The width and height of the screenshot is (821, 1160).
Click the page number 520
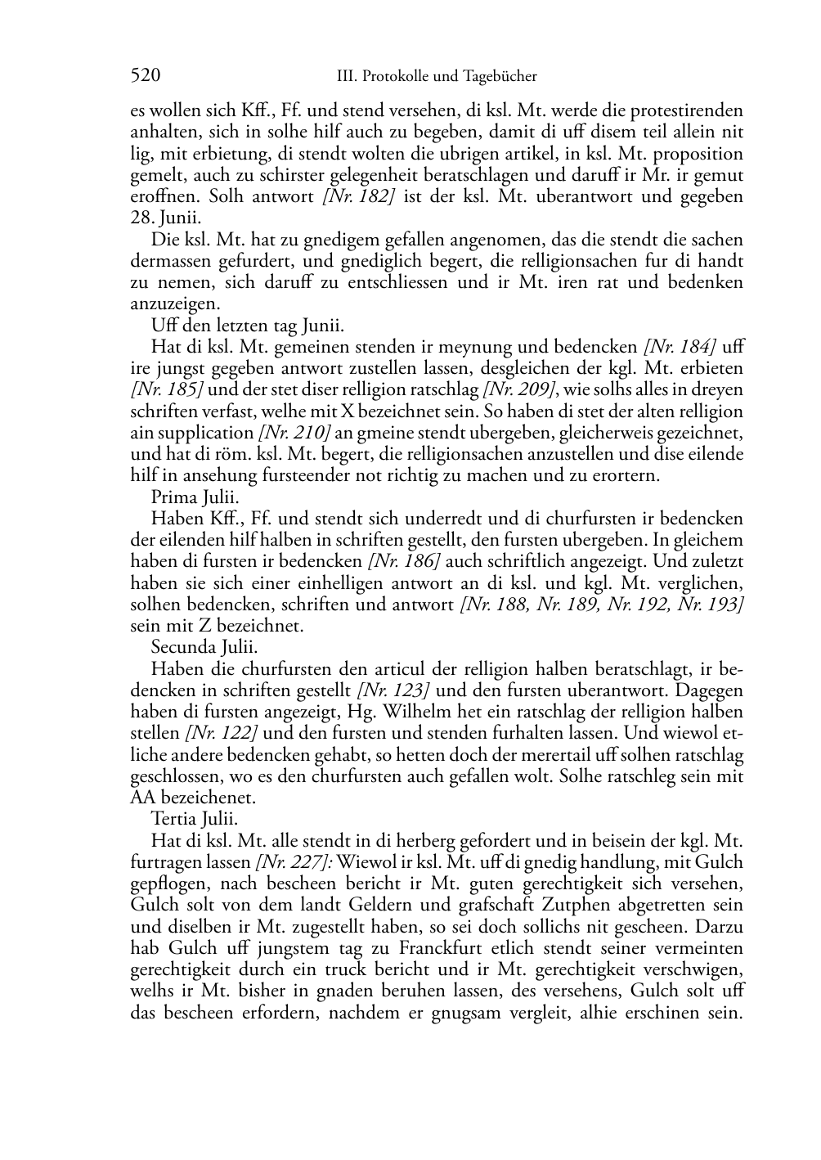[x=145, y=76]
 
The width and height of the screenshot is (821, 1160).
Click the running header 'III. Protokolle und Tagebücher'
[x=437, y=77]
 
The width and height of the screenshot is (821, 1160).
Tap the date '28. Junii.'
[x=165, y=218]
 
